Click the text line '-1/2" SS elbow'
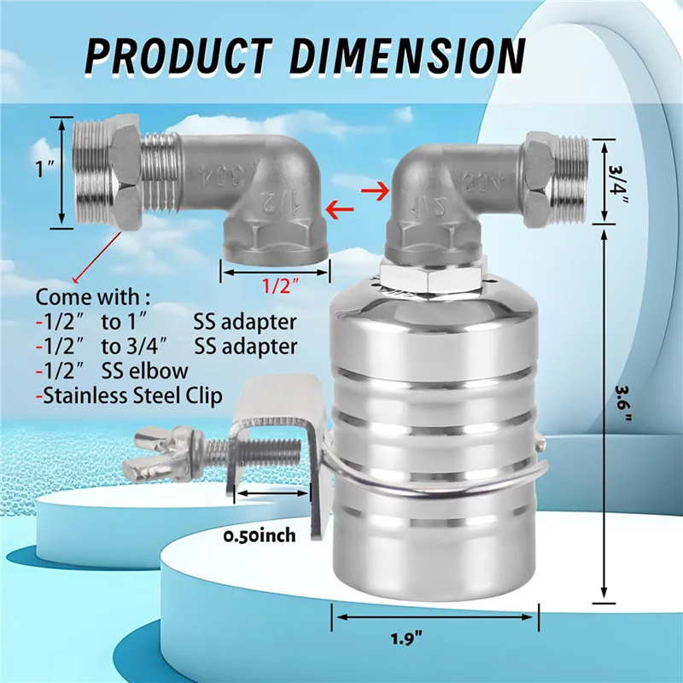tap(111, 371)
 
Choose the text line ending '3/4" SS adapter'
tap(166, 347)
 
